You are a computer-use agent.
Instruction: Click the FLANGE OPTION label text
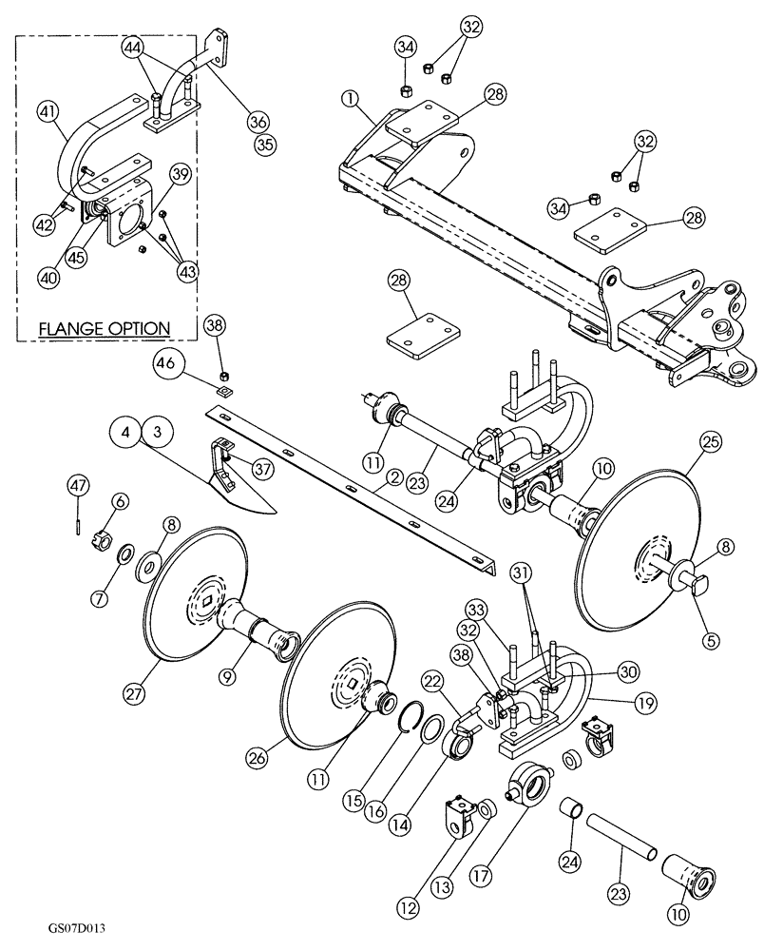[105, 329]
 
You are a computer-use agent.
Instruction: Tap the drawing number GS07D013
[68, 923]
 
